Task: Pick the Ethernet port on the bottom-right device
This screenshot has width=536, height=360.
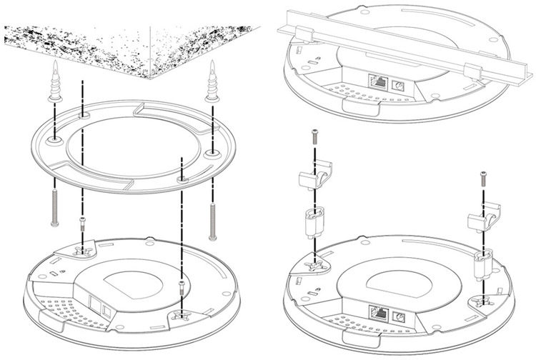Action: (377, 311)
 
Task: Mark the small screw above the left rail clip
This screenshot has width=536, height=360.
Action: (314, 135)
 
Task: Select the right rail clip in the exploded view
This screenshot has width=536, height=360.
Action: (483, 216)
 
